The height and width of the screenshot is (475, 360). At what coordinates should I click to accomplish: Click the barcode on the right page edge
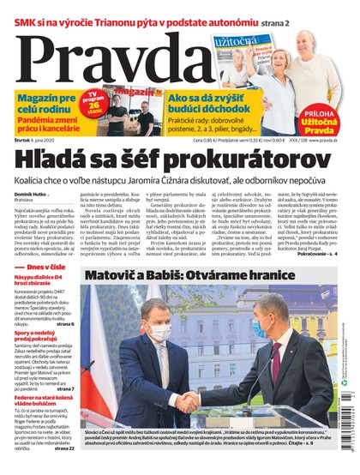pos(352,429)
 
